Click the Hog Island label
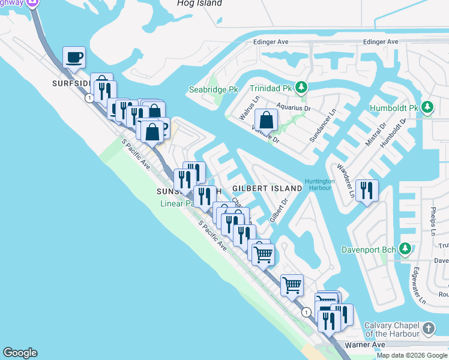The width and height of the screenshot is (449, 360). click(x=199, y=4)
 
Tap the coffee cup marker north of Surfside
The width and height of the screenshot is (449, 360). click(x=74, y=58)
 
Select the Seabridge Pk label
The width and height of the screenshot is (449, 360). click(x=214, y=89)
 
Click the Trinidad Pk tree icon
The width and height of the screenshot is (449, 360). click(x=302, y=88)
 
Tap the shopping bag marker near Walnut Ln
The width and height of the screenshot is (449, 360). click(x=266, y=120)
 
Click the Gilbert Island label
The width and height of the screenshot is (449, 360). click(x=267, y=188)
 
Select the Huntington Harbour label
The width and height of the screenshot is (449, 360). click(x=319, y=185)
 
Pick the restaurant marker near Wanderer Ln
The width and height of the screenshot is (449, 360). click(x=367, y=191)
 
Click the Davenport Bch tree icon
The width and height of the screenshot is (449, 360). click(x=406, y=248)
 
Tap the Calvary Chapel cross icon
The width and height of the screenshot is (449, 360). click(x=428, y=328)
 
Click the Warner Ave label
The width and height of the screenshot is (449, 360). click(x=364, y=346)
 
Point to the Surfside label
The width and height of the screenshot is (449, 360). click(x=73, y=83)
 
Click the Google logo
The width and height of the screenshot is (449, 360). click(x=20, y=353)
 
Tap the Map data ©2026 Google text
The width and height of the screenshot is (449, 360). click(x=411, y=355)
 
